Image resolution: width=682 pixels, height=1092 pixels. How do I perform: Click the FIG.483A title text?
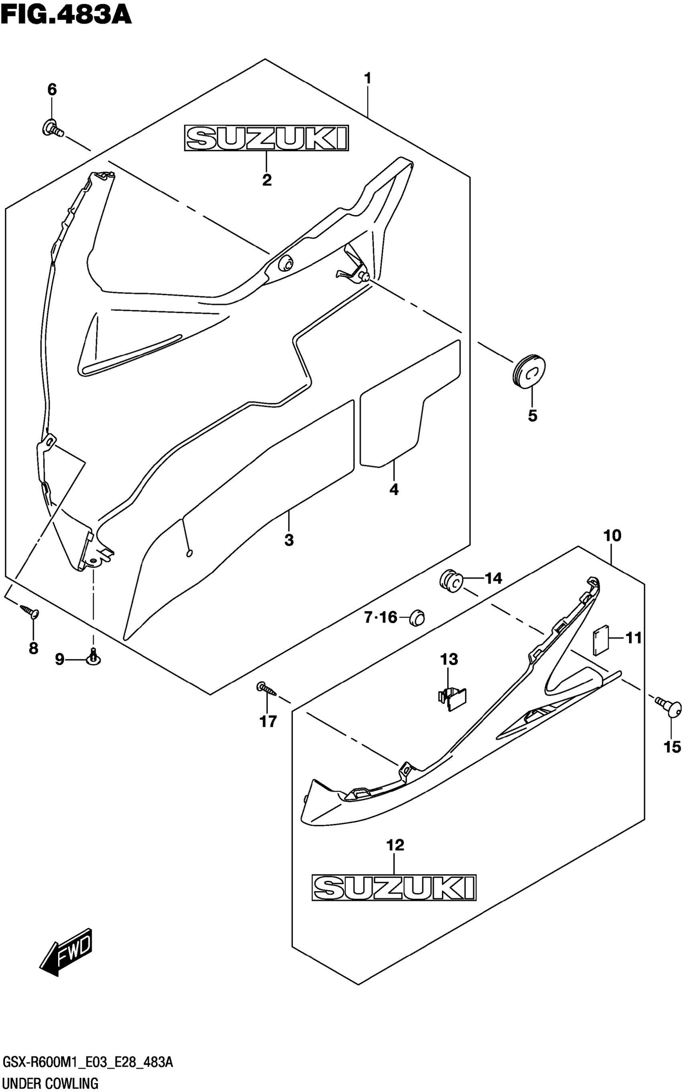coord(66,14)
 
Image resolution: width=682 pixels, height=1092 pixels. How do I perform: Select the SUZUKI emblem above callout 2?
coord(266,138)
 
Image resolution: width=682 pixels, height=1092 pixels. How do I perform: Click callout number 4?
coord(394,489)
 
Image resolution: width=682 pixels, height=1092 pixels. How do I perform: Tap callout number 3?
coord(289,539)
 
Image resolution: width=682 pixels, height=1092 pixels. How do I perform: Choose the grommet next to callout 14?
coord(450,580)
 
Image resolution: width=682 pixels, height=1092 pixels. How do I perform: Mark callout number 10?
coord(612,536)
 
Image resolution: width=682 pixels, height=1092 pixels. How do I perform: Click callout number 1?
coord(367,79)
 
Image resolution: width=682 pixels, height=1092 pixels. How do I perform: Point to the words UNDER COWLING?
coord(50,1082)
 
